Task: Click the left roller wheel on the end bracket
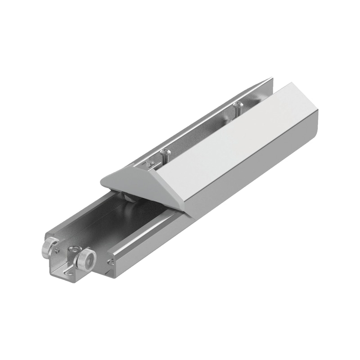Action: pyautogui.click(x=49, y=248)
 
